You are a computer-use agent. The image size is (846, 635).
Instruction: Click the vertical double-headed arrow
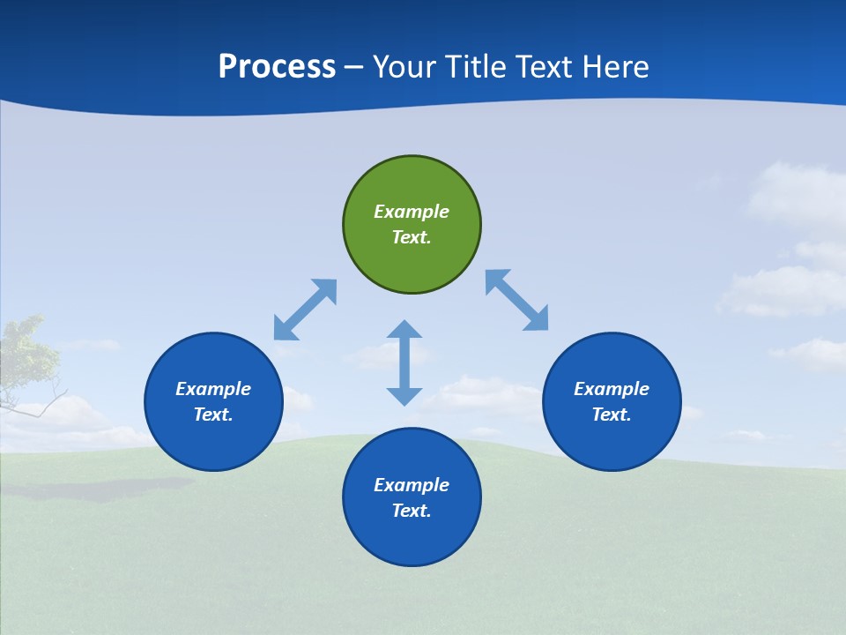pyautogui.click(x=404, y=362)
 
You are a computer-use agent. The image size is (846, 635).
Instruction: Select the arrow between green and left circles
pyautogui.click(x=305, y=310)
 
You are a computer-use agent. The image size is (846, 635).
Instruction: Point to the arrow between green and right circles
pyautogui.click(x=517, y=300)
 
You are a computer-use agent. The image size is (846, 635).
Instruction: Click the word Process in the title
pyautogui.click(x=277, y=66)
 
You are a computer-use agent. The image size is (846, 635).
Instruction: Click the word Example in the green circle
pyautogui.click(x=412, y=212)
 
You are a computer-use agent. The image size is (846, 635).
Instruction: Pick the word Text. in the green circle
pyautogui.click(x=412, y=237)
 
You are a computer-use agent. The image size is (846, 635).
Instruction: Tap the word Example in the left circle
pyautogui.click(x=213, y=389)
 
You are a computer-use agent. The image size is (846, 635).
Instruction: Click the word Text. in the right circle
pyautogui.click(x=612, y=415)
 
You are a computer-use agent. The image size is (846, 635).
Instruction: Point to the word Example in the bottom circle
pyautogui.click(x=412, y=485)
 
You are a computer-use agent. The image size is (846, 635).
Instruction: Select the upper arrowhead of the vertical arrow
pyautogui.click(x=404, y=331)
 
